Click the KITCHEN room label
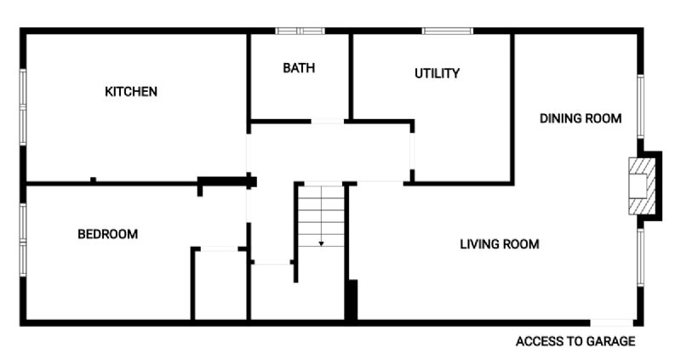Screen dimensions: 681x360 (131, 92)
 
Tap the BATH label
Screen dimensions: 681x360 (299, 68)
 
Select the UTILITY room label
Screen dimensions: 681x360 (437, 73)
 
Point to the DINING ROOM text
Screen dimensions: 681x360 (581, 118)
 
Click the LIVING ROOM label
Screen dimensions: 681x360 (500, 244)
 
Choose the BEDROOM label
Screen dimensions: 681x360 (108, 235)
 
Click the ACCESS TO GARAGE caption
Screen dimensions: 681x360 (575, 341)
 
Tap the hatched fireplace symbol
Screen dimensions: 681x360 (643, 186)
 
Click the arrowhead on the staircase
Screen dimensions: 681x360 (321, 243)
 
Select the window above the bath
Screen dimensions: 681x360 (300, 31)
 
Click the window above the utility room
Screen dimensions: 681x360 (448, 31)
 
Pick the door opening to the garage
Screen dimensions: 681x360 (611, 323)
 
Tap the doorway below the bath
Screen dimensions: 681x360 (328, 122)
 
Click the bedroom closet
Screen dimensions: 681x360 (220, 285)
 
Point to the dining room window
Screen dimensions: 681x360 (640, 107)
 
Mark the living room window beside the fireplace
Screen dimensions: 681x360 (640, 257)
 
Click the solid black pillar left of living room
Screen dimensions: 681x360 (352, 300)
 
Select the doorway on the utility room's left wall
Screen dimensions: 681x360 (412, 151)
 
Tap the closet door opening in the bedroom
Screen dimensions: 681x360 (220, 249)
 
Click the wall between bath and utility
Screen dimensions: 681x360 (351, 77)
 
